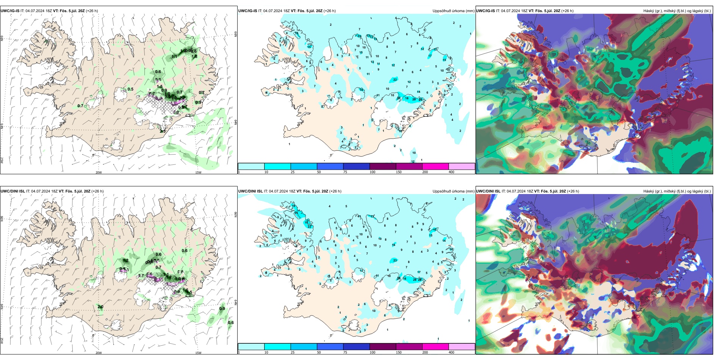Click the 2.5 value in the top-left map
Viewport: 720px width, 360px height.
pyautogui.click(x=163, y=131)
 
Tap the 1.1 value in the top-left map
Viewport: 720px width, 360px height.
pyautogui.click(x=175, y=56)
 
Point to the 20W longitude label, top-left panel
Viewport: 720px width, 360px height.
pyautogui.click(x=99, y=172)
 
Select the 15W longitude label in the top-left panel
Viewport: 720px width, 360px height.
pyautogui.click(x=198, y=172)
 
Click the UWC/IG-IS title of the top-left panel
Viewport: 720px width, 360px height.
pyautogui.click(x=10, y=11)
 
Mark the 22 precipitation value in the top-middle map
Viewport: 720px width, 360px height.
pyautogui.click(x=395, y=80)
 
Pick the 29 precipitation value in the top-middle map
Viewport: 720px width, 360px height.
pyautogui.click(x=414, y=99)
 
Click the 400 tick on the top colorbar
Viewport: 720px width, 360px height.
pyautogui.click(x=451, y=172)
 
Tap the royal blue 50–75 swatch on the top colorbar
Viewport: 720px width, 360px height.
pyautogui.click(x=330, y=166)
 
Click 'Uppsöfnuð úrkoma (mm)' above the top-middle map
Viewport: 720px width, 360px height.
pyautogui.click(x=453, y=11)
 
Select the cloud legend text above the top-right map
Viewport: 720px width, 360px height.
pyautogui.click(x=677, y=11)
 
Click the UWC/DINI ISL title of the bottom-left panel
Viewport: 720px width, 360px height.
pyautogui.click(x=13, y=191)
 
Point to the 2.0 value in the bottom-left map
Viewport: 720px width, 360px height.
pyautogui.click(x=100, y=307)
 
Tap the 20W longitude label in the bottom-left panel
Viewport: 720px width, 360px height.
pyautogui.click(x=99, y=353)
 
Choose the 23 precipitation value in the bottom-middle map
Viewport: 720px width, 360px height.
pyautogui.click(x=395, y=260)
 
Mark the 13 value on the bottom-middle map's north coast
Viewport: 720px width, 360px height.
pyautogui.click(x=373, y=216)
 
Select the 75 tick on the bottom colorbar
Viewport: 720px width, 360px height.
pyautogui.click(x=345, y=352)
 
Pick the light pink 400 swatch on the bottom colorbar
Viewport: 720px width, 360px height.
pyautogui.click(x=462, y=347)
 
